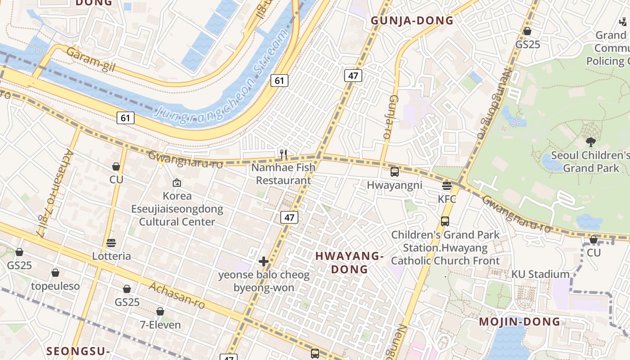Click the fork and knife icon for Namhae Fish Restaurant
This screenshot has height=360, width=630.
coord(283,154)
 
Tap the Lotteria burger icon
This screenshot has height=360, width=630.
coord(111,243)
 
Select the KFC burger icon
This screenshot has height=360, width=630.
coord(447,186)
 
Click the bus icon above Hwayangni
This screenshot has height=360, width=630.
coord(395,172)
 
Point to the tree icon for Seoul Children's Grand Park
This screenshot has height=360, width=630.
coord(590,142)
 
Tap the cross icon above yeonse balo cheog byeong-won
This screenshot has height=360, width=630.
coord(264,261)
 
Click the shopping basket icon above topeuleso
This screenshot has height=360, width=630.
coord(55,273)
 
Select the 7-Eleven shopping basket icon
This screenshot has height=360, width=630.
coord(160,311)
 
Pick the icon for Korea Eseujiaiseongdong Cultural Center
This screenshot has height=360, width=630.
coord(177,183)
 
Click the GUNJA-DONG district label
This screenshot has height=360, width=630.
coord(412,21)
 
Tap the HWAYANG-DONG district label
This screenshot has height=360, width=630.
coord(349,263)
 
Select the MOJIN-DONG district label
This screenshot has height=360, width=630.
coord(519,322)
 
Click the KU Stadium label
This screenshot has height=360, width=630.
coord(540,274)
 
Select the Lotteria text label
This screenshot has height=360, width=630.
coord(111,256)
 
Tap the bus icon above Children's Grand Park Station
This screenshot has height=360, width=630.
coord(445,221)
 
